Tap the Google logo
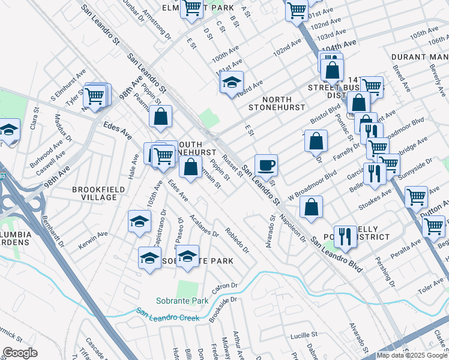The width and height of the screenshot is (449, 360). pos(20,353)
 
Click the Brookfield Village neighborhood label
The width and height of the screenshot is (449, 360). pos(94,193)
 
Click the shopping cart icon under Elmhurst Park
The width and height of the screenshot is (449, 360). pos(191,8)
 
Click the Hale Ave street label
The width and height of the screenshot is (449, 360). pos(134,167)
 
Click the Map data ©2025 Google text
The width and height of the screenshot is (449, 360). pos(411,355)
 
